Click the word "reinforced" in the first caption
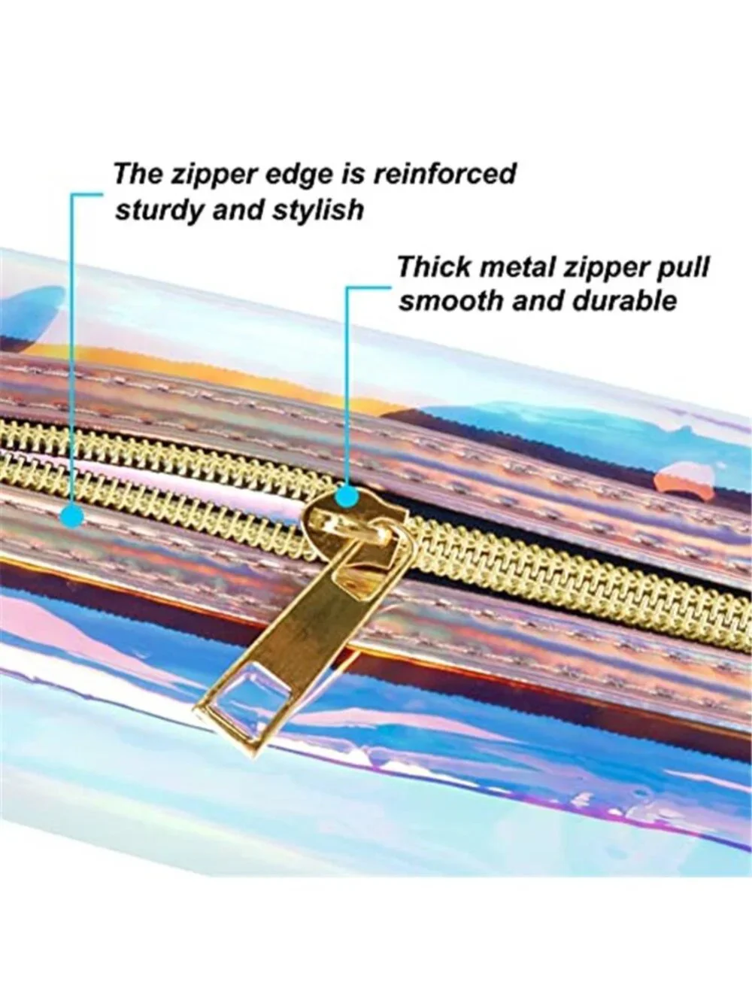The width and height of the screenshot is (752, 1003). point(444,175)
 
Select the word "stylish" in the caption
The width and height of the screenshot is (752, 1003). point(318,210)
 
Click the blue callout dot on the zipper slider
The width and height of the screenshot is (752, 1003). point(348,497)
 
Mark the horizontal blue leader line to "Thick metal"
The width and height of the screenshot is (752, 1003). point(368,288)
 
